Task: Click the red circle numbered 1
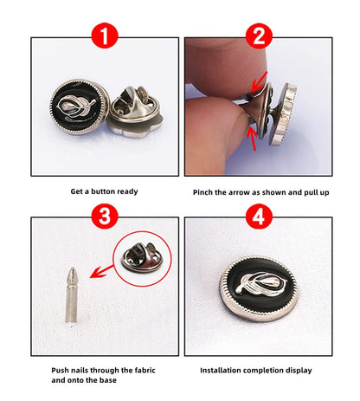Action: pyautogui.click(x=103, y=36)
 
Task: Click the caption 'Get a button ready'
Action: pyautogui.click(x=104, y=191)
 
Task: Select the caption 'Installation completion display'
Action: pyautogui.click(x=256, y=370)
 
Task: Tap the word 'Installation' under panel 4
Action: pyautogui.click(x=222, y=370)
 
